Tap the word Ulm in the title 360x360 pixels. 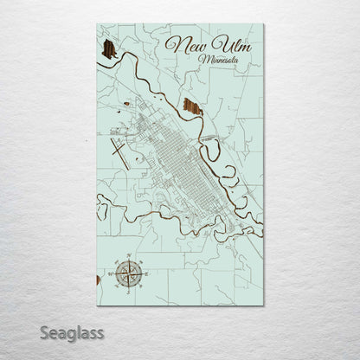(230, 44)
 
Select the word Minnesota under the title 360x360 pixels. (221, 60)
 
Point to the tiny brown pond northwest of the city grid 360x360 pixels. (127, 104)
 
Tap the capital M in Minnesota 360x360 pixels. (203, 59)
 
